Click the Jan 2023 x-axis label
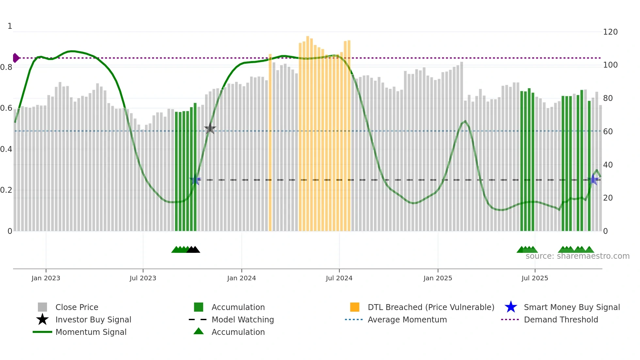(46, 278)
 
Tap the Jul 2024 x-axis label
(339, 278)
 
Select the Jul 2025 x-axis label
(535, 278)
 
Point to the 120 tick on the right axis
(610, 32)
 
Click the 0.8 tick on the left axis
(6, 67)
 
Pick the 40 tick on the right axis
(608, 165)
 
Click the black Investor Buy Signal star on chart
(210, 129)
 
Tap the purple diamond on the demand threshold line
(16, 58)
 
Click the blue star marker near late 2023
(195, 180)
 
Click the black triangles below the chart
(193, 250)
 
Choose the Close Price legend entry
(76, 307)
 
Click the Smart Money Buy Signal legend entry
(571, 307)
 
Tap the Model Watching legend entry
(242, 319)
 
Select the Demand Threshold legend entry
(561, 319)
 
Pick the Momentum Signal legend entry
(90, 332)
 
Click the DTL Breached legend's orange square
(355, 307)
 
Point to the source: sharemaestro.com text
(577, 256)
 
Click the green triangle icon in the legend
(199, 331)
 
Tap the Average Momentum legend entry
(407, 319)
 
